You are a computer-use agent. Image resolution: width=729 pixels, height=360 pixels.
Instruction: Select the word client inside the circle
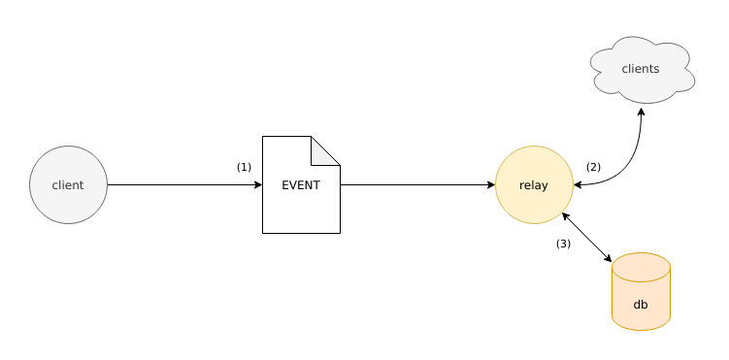click(68, 185)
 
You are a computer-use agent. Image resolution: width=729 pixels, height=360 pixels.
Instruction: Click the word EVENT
click(301, 185)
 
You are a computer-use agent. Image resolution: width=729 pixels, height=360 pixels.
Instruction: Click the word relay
click(534, 185)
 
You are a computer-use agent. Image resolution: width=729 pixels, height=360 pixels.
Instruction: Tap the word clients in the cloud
click(641, 69)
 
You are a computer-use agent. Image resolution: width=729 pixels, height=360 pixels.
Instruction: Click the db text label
click(641, 305)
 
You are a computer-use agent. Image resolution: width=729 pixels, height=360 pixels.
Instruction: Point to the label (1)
click(244, 167)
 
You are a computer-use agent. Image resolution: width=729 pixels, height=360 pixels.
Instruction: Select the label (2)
click(593, 167)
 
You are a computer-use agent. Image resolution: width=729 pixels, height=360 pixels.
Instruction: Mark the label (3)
click(563, 244)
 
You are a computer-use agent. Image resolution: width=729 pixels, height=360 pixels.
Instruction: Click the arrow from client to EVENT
click(184, 184)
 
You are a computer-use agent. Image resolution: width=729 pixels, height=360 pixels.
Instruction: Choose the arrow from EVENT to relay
click(417, 184)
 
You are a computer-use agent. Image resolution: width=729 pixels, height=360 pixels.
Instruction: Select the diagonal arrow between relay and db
click(587, 238)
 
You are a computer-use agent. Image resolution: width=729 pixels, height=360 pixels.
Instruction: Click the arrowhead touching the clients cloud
click(641, 110)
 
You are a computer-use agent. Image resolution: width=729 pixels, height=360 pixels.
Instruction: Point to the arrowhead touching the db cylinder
click(608, 258)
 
